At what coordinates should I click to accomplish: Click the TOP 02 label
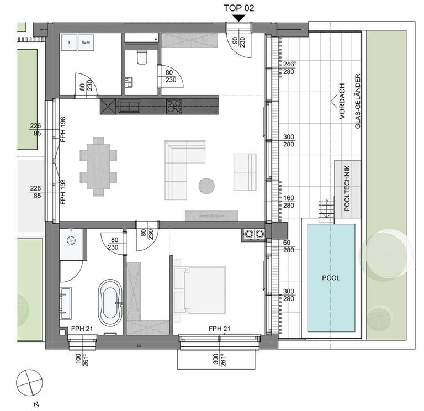(x=239, y=8)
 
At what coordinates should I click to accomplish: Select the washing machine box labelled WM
(x=86, y=43)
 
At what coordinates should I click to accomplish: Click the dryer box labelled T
(x=69, y=43)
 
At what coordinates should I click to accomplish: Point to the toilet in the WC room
(x=142, y=57)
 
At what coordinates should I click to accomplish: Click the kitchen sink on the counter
(x=130, y=106)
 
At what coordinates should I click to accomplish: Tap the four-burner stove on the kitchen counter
(x=174, y=106)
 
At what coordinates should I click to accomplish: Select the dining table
(x=98, y=166)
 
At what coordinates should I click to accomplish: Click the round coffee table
(x=206, y=186)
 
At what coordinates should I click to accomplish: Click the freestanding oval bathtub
(x=110, y=303)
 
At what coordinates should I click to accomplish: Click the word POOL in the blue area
(x=331, y=278)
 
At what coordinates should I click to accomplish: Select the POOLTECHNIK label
(x=347, y=188)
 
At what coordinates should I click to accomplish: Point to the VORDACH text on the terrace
(x=342, y=101)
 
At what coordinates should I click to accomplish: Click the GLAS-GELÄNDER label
(x=358, y=101)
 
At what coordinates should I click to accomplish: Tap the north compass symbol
(x=29, y=382)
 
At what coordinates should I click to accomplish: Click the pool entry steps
(x=326, y=210)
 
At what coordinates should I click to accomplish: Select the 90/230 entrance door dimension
(x=239, y=42)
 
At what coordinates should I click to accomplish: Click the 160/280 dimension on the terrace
(x=289, y=202)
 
